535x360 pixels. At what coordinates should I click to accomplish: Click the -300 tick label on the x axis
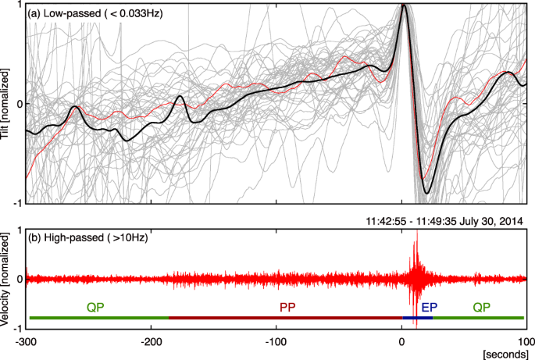point(26,340)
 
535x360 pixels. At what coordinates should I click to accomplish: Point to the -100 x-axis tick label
point(276,340)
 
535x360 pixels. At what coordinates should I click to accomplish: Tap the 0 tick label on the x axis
point(401,340)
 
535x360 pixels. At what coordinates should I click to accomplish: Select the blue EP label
point(429,308)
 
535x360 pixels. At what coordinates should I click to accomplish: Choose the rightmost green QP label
point(482,308)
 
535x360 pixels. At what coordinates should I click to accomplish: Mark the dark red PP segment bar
point(285,318)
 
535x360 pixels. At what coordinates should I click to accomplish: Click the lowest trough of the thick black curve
point(426,193)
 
